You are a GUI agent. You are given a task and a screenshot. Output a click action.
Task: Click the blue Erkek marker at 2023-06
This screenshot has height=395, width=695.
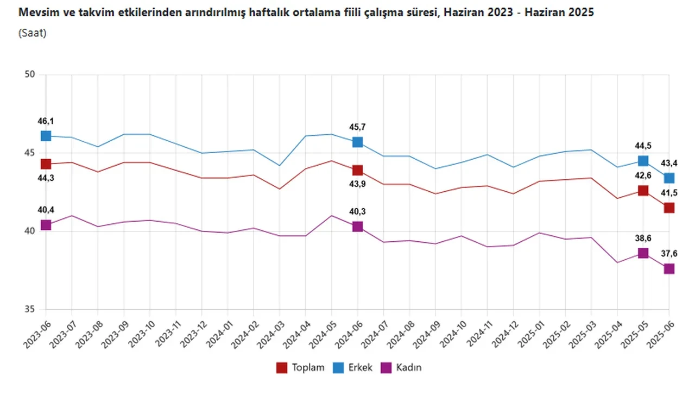(46, 136)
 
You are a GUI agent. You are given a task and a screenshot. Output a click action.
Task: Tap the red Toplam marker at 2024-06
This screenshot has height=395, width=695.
(357, 171)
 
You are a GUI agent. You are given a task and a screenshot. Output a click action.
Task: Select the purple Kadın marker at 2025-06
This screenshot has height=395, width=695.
(669, 269)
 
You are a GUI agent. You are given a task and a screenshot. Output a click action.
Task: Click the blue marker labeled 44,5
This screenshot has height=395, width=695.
(643, 161)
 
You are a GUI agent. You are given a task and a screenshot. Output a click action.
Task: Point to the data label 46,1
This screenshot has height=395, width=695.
(46, 121)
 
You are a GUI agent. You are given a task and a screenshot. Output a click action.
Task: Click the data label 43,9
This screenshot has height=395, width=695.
(357, 185)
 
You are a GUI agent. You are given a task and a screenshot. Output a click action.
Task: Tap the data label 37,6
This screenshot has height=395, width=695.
(669, 254)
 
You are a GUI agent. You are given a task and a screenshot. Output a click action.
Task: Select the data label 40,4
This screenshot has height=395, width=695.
(46, 210)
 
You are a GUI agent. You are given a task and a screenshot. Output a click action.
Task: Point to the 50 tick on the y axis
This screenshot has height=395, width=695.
(29, 75)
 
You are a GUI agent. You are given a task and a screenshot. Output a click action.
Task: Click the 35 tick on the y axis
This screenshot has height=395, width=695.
(29, 310)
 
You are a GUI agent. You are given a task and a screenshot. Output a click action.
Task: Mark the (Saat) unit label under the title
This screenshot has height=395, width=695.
(33, 33)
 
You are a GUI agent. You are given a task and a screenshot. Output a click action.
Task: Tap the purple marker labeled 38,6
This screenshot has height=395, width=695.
(643, 253)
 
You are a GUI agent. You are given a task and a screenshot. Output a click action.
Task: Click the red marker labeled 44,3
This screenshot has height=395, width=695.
(46, 164)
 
